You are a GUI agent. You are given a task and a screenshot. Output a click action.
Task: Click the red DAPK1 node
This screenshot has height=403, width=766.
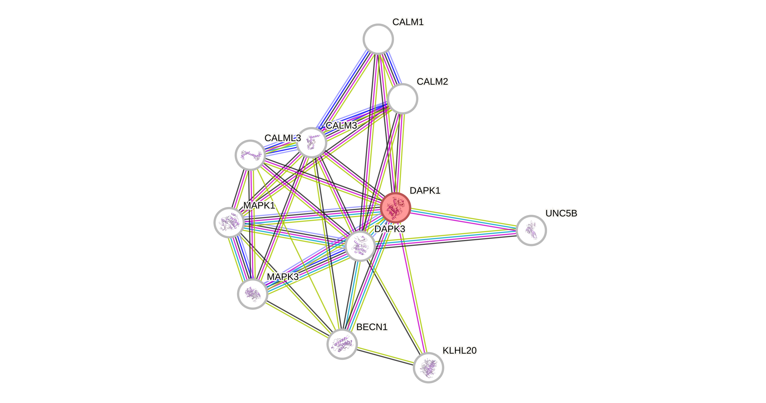click(x=396, y=207)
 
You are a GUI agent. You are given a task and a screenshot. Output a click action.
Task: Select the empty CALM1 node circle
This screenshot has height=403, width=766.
click(x=378, y=39)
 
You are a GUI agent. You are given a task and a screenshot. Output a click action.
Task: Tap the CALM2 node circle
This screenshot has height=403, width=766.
click(x=403, y=99)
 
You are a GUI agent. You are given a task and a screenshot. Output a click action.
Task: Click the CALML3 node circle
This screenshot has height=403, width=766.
click(x=250, y=155)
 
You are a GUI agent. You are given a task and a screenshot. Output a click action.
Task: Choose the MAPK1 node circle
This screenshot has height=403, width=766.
click(x=229, y=222)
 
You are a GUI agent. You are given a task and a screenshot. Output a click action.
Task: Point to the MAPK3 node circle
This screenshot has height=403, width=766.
click(x=252, y=294)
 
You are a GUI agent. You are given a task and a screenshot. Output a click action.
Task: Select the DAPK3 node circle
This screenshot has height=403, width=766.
click(x=360, y=246)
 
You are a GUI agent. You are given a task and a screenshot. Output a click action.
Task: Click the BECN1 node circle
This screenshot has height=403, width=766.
click(x=342, y=344)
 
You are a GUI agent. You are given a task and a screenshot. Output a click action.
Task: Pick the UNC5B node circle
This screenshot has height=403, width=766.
click(x=531, y=230)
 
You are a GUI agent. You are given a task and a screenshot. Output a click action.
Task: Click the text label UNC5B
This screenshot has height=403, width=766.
click(x=561, y=213)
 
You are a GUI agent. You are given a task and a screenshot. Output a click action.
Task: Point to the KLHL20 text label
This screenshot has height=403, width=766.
click(x=459, y=350)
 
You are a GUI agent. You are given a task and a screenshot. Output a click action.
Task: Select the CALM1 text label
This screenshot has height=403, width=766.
click(x=408, y=22)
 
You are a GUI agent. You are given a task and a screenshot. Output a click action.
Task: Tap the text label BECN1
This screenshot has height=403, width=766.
click(x=372, y=327)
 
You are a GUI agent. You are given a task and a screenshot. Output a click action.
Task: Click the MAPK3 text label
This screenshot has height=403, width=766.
click(x=283, y=277)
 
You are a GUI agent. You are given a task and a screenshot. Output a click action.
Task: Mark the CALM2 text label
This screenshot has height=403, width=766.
click(x=432, y=81)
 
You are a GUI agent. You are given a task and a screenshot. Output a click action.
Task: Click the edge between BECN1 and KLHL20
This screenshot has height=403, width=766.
click(x=385, y=356)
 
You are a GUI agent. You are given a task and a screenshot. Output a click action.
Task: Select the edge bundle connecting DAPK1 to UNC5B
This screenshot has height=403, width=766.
click(x=463, y=219)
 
